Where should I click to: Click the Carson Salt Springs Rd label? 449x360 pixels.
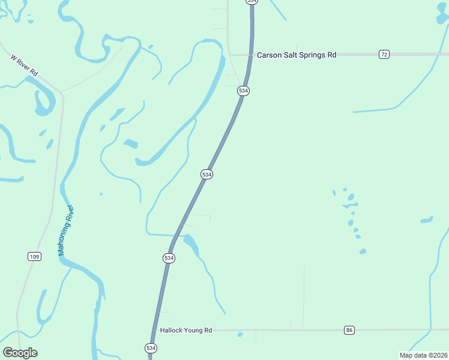pyautogui.click(x=297, y=55)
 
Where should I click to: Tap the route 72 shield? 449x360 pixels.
pyautogui.click(x=384, y=55)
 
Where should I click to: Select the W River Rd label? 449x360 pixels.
pyautogui.click(x=24, y=65)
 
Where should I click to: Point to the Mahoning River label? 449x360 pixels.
pyautogui.click(x=66, y=230)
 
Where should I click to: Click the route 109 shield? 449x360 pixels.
pyautogui.click(x=34, y=257)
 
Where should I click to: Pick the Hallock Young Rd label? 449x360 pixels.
pyautogui.click(x=186, y=330)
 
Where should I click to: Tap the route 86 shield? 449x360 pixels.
pyautogui.click(x=349, y=330)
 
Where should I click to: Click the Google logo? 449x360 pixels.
pyautogui.click(x=20, y=353)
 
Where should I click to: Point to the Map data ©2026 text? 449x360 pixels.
pyautogui.click(x=423, y=355)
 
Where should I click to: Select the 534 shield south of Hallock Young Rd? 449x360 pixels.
pyautogui.click(x=151, y=348)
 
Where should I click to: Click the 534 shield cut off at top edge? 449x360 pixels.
pyautogui.click(x=252, y=2)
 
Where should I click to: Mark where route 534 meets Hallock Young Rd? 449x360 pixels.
pyautogui.click(x=154, y=330)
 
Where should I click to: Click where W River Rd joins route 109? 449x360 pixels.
pyautogui.click(x=62, y=93)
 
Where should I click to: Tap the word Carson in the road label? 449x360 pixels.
pyautogui.click(x=268, y=55)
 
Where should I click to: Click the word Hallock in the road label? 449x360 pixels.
pyautogui.click(x=171, y=330)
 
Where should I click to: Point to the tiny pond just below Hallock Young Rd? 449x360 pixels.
pyautogui.click(x=240, y=334)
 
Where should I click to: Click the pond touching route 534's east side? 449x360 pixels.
pyautogui.click(x=191, y=242)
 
